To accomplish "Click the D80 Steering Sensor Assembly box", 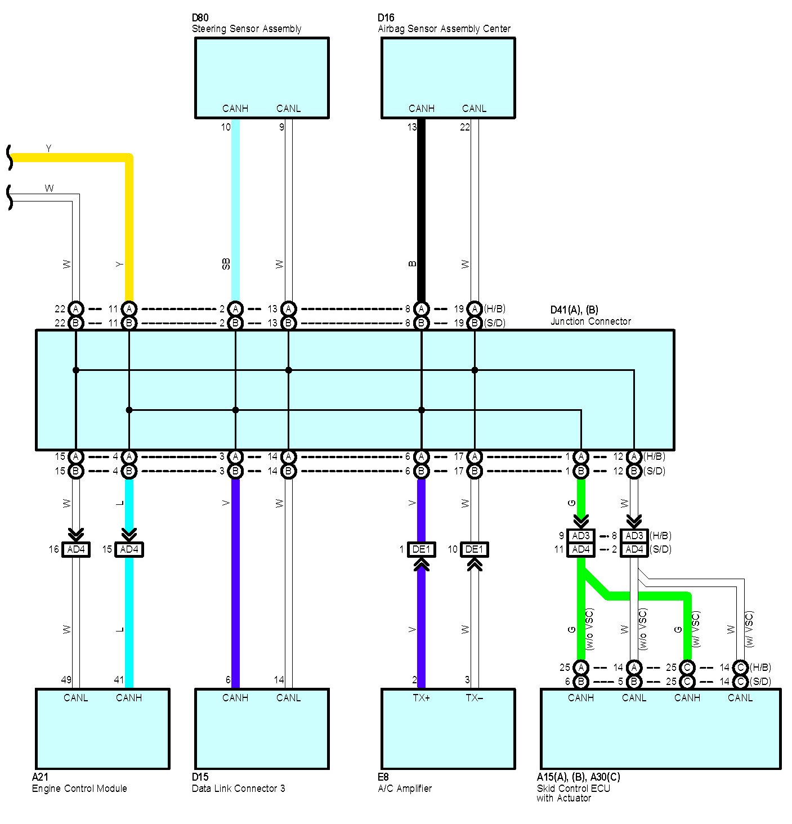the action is (262, 78).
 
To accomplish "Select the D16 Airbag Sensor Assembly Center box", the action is (448, 78).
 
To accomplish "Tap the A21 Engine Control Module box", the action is (102, 729).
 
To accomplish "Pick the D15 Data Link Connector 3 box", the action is (262, 729).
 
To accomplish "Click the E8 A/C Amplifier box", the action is (448, 729).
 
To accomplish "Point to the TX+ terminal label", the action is (422, 698).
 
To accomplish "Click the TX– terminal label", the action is (475, 698).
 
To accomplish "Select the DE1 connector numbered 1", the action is (422, 550).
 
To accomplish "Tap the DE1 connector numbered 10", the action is (475, 550).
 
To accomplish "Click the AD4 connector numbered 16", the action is (76, 550).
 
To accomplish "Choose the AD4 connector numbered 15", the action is (129, 550).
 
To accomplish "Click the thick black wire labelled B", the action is (422, 211).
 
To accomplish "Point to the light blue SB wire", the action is (235, 211).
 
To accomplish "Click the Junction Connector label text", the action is (590, 321).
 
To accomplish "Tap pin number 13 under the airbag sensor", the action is (411, 127).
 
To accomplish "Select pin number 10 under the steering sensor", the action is (226, 127).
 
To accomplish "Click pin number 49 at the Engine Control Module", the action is (66, 679).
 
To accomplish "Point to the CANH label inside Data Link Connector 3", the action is (235, 698).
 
